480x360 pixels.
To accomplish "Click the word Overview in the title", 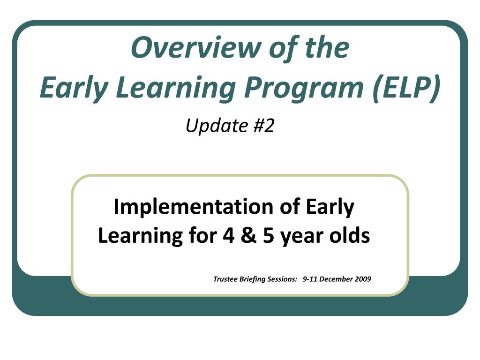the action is pyautogui.click(x=196, y=47).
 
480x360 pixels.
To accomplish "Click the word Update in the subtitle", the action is pyautogui.click(x=217, y=126).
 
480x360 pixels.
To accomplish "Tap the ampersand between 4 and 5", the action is pyautogui.click(x=248, y=235).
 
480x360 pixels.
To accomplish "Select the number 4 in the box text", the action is pyautogui.click(x=228, y=235).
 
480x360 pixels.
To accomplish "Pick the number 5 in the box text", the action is pyautogui.click(x=269, y=236).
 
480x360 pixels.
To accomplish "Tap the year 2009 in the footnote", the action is pyautogui.click(x=363, y=279).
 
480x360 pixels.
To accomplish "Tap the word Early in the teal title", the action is pyautogui.click(x=74, y=88).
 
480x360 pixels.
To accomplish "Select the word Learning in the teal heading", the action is pyautogui.click(x=176, y=88).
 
